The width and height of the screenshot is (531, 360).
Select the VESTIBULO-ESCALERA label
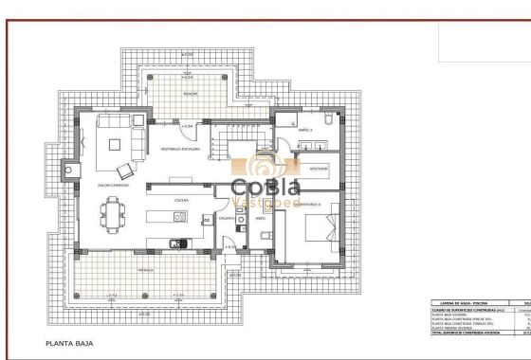point(179,150)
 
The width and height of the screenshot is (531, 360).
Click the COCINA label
point(180,201)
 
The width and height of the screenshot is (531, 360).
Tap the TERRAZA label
point(144,270)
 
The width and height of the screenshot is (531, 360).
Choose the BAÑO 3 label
point(305,130)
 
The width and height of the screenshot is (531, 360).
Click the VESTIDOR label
point(320,168)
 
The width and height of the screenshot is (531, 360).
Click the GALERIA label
point(227,218)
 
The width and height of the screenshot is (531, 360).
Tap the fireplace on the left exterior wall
point(69,171)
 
